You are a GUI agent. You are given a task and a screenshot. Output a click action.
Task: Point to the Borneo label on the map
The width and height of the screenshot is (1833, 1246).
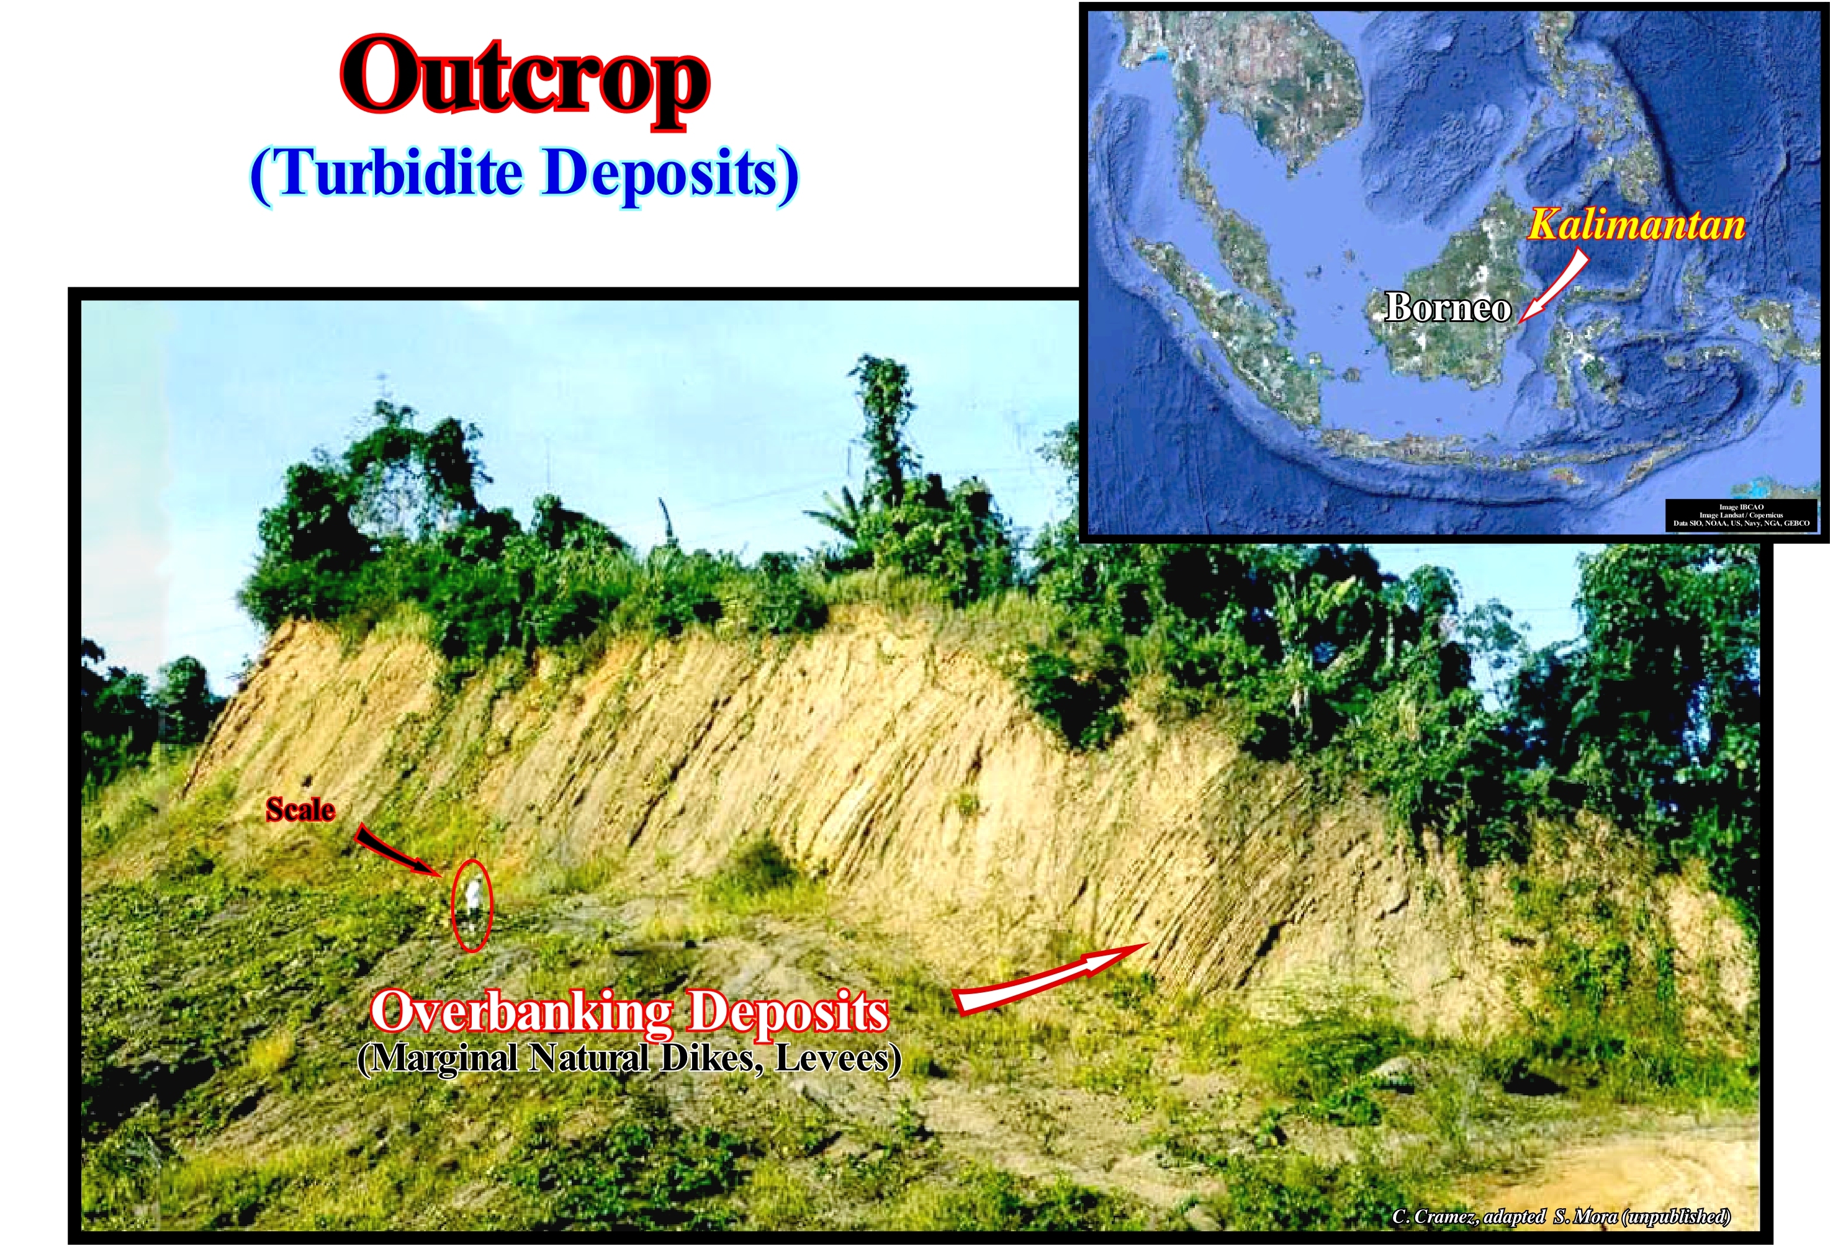[x=1448, y=308]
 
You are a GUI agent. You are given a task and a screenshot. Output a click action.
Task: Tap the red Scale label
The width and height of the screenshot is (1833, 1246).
[x=300, y=810]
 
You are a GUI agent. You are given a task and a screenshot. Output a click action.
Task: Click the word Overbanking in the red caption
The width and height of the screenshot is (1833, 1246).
[x=521, y=1013]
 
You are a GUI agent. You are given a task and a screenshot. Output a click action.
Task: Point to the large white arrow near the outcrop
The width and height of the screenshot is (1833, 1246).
[x=1049, y=978]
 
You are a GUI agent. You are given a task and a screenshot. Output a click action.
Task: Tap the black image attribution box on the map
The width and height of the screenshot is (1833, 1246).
[x=1742, y=515]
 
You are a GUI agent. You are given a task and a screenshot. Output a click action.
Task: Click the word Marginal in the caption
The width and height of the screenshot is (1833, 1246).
[x=442, y=1059]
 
